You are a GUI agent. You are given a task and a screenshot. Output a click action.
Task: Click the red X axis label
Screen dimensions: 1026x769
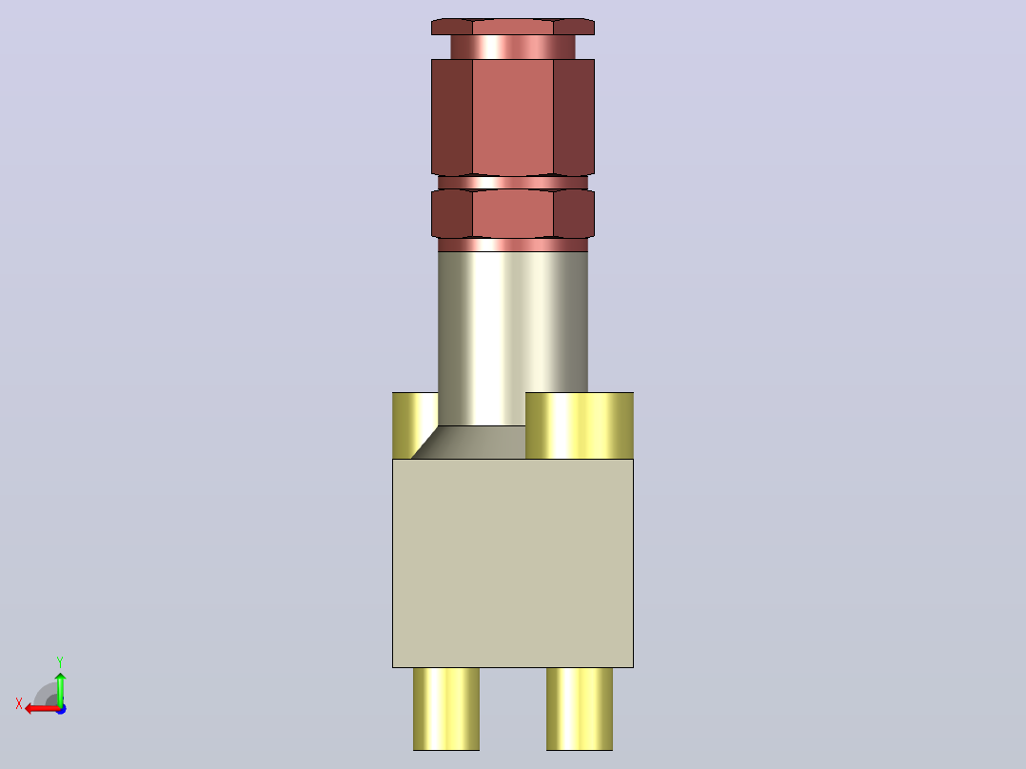(x=19, y=703)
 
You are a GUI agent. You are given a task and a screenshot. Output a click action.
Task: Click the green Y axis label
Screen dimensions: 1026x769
(x=60, y=661)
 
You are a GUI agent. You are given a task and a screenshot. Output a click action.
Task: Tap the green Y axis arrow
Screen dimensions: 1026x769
(x=60, y=689)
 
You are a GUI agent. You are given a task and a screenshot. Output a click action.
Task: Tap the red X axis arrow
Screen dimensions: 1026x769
(x=42, y=709)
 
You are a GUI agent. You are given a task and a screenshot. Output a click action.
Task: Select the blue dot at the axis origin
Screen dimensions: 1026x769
(x=62, y=709)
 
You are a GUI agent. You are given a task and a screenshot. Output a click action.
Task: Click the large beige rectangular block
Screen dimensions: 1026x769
(x=513, y=562)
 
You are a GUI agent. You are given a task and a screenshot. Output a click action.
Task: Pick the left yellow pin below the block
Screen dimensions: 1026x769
(x=446, y=709)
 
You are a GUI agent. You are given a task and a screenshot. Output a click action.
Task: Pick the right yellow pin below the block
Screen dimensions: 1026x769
(x=580, y=709)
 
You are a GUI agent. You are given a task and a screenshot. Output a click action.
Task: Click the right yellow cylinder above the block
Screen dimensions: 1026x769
(x=580, y=425)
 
